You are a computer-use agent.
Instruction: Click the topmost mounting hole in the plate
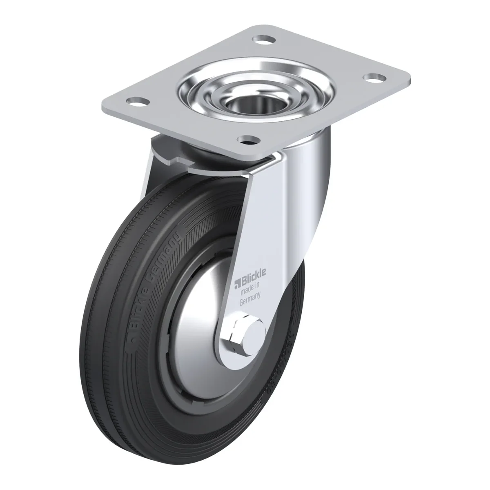click(264, 40)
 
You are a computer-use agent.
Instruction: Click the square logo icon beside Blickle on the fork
click(237, 285)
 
